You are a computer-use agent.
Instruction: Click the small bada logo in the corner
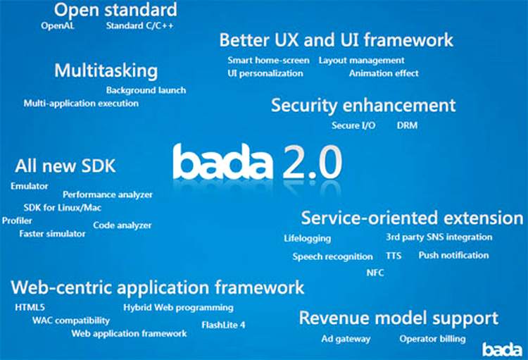[503, 349]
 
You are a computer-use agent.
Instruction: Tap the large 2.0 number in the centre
[313, 161]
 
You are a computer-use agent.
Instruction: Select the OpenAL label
[58, 25]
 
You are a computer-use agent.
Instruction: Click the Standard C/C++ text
[140, 25]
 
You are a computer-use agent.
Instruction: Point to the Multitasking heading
[106, 70]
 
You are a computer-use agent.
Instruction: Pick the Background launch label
[146, 90]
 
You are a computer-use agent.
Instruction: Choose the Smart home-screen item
[268, 61]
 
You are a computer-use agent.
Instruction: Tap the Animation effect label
[384, 73]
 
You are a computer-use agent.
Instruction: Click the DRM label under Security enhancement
[407, 125]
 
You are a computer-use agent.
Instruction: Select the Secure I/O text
[353, 125]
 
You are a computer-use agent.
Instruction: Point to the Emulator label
[30, 186]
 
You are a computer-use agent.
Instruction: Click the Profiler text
[17, 221]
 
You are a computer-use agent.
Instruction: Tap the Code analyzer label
[122, 225]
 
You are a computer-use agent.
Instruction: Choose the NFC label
[375, 273]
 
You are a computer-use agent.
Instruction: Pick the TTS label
[394, 256]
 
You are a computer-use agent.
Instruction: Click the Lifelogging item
[308, 239]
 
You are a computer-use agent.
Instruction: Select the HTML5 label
[30, 307]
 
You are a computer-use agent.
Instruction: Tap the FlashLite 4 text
[223, 325]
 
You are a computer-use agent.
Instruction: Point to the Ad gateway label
[346, 339]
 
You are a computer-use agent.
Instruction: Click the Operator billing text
[433, 339]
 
